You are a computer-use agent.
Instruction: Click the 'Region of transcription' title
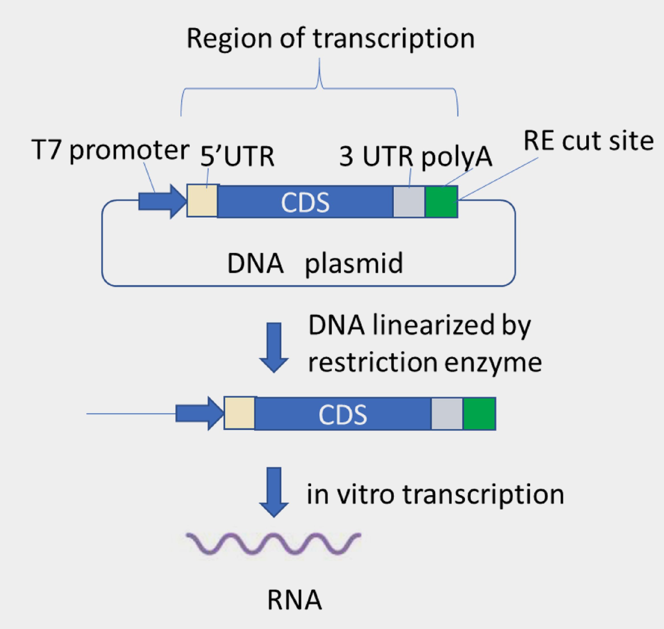(330, 39)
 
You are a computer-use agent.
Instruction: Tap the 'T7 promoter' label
(110, 150)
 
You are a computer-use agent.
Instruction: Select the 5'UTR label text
(237, 157)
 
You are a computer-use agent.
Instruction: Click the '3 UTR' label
(376, 157)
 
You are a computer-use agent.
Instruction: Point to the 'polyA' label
(457, 157)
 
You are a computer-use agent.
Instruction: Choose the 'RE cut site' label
(588, 141)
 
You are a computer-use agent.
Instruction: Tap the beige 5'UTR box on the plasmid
(202, 201)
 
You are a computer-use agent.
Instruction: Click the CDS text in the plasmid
(305, 203)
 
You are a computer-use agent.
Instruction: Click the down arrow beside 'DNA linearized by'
(274, 347)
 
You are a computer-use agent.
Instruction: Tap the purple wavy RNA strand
(273, 543)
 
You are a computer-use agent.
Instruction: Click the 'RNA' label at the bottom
(294, 600)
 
